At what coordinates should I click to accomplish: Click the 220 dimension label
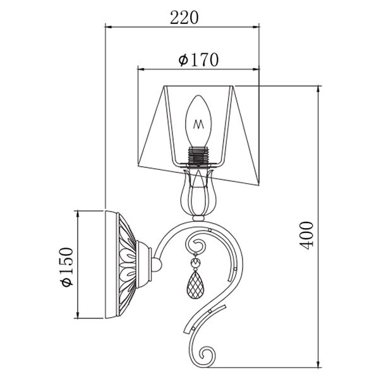click(x=184, y=18)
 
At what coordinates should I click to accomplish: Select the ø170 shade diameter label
click(x=198, y=60)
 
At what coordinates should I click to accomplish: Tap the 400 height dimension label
click(x=306, y=236)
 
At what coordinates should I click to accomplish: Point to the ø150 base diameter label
click(x=66, y=267)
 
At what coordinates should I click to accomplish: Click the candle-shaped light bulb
click(x=198, y=121)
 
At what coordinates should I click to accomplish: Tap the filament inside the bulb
click(x=198, y=124)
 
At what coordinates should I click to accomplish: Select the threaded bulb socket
click(x=198, y=155)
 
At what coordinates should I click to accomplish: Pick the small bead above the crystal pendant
click(x=195, y=263)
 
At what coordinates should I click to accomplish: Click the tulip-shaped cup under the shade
click(x=198, y=193)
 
